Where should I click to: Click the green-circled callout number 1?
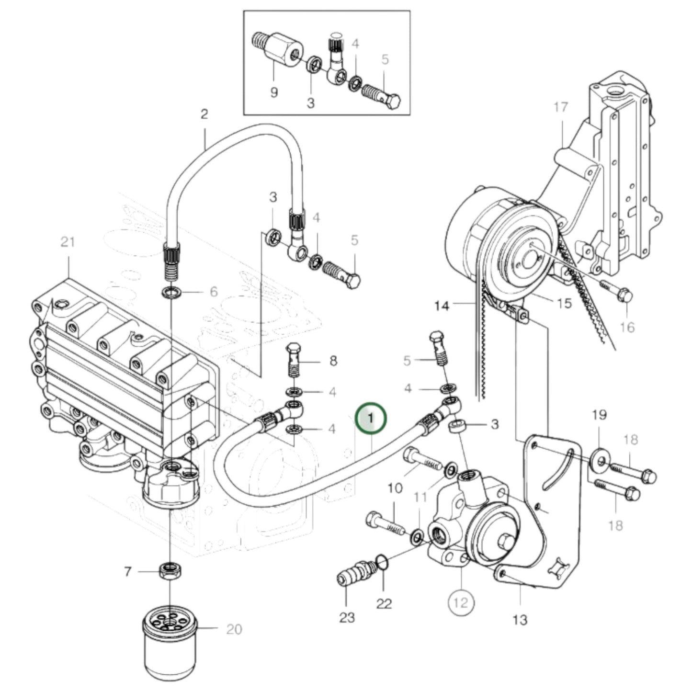pos(370,418)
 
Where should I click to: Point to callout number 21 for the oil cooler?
pos(68,242)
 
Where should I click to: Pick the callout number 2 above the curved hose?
pos(204,114)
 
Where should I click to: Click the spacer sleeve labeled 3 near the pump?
pos(457,425)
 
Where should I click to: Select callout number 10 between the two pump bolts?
pos(395,488)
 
